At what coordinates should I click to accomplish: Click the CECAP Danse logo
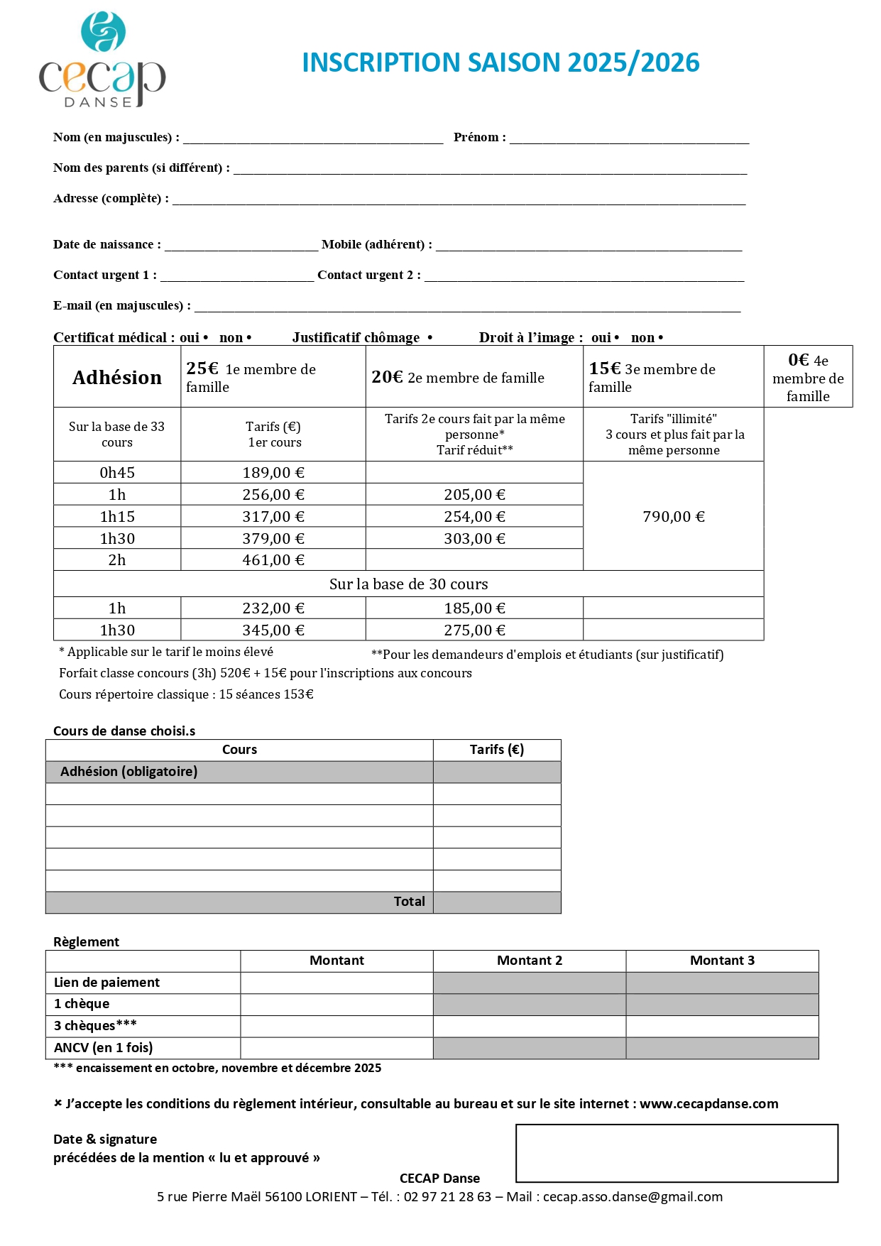click(x=102, y=61)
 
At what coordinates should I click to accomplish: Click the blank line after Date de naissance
click(x=241, y=247)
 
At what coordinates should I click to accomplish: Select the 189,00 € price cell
click(x=273, y=473)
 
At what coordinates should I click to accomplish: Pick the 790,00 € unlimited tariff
click(x=673, y=517)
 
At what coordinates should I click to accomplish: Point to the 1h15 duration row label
click(x=117, y=517)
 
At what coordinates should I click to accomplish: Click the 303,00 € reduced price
click(x=474, y=539)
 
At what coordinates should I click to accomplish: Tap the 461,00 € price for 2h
click(x=273, y=560)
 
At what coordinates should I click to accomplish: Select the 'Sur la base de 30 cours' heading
click(x=408, y=584)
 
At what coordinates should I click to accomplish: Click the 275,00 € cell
click(x=474, y=630)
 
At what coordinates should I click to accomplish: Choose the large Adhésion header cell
click(x=117, y=377)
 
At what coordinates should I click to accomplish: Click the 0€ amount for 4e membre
click(x=798, y=361)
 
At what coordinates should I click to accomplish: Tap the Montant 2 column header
click(x=529, y=961)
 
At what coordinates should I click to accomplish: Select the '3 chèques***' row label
click(x=95, y=1026)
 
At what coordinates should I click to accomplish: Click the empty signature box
click(x=677, y=1153)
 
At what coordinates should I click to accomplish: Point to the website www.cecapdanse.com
click(x=708, y=1104)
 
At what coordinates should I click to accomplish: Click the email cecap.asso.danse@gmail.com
click(x=633, y=1197)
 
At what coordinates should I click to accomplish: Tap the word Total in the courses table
click(x=409, y=902)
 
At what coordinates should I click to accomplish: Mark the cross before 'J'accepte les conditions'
click(x=58, y=1103)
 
